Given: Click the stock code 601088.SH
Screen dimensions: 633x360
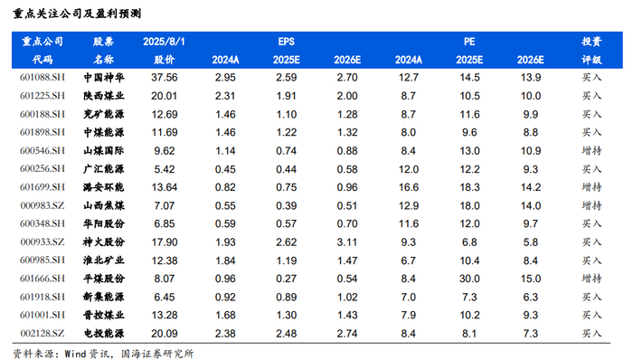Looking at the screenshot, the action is pyautogui.click(x=43, y=77).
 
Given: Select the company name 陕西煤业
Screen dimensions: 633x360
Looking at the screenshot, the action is pyautogui.click(x=104, y=96).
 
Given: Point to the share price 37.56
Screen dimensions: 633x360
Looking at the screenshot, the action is pyautogui.click(x=165, y=78).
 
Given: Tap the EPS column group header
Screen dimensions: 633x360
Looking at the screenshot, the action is pyautogui.click(x=287, y=42).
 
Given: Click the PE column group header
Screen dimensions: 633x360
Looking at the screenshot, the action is pyautogui.click(x=469, y=42).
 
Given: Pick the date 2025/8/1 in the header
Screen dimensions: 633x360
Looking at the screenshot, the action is pyautogui.click(x=164, y=42).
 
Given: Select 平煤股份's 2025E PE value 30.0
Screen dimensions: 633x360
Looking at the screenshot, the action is pyautogui.click(x=469, y=279).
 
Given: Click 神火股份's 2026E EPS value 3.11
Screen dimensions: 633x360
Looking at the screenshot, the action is pyautogui.click(x=347, y=242).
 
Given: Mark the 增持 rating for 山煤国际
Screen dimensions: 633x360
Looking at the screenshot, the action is pyautogui.click(x=591, y=150).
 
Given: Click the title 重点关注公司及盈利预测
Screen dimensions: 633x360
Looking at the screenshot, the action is pyautogui.click(x=77, y=14).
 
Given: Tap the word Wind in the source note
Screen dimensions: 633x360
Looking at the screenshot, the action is pyautogui.click(x=76, y=354).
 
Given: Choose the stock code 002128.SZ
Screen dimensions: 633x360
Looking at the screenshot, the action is pyautogui.click(x=43, y=334).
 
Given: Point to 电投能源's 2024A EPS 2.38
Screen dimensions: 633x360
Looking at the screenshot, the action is pyautogui.click(x=225, y=334).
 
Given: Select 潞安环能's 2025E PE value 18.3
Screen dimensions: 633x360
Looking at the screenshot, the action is pyautogui.click(x=469, y=187).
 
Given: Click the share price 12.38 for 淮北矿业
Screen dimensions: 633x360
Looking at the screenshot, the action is pyautogui.click(x=165, y=261).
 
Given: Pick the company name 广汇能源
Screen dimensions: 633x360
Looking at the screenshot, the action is pyautogui.click(x=104, y=169).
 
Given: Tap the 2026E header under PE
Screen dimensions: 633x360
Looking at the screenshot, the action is pyautogui.click(x=531, y=60).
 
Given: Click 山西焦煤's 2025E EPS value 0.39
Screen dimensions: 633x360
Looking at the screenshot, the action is pyautogui.click(x=287, y=205).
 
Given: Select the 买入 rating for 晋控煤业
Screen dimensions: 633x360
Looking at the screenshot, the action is pyautogui.click(x=591, y=315).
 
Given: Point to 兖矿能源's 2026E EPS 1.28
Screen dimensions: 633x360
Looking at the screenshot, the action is pyautogui.click(x=347, y=114).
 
